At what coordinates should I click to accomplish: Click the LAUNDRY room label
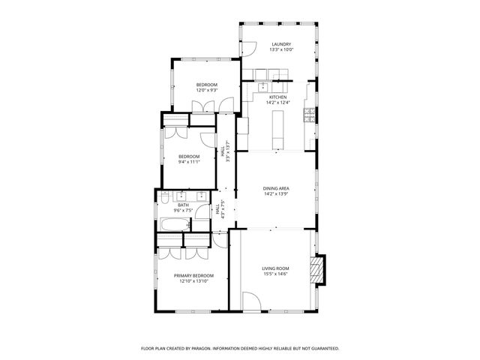pos(281,44)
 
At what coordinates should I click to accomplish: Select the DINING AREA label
pos(275,188)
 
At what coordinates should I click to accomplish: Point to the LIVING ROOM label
pos(275,268)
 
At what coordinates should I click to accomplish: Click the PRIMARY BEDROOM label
pos(193,275)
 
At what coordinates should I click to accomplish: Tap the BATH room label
pos(183,205)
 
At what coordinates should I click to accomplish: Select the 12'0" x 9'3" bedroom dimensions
pos(207,91)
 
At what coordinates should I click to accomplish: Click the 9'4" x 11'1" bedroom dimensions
pos(188,162)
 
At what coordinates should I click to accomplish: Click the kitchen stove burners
pos(308,115)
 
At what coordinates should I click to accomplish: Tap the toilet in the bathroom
pos(163,199)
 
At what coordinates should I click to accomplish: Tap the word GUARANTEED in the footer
pos(322,349)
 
